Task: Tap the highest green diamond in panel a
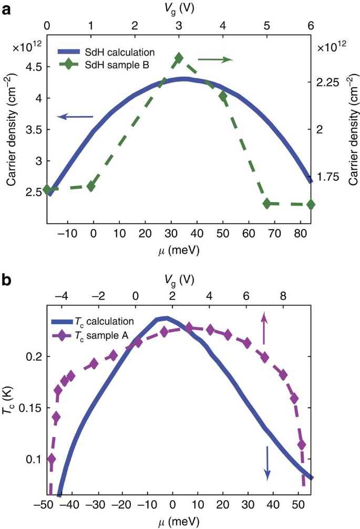179,58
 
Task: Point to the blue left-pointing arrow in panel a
75,117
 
